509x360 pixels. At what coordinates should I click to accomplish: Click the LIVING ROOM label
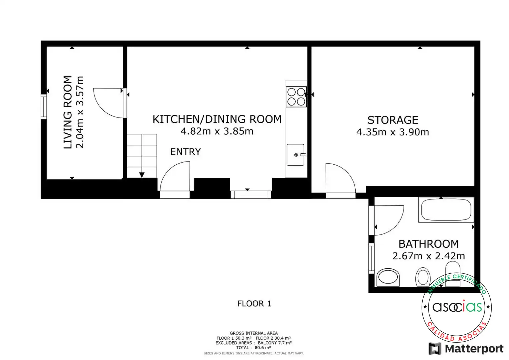[x=68, y=112]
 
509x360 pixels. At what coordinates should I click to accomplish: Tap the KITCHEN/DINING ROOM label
[x=217, y=119]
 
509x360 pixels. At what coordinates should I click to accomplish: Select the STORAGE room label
[x=393, y=120]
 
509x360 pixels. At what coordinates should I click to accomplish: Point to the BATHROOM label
[x=429, y=244]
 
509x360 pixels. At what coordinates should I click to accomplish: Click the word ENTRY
[x=185, y=152]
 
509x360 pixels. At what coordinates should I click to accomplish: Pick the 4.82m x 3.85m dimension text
[x=217, y=131]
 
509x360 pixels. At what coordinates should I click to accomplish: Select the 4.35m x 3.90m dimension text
[x=393, y=132]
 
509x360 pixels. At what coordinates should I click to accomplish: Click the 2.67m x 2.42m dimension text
[x=429, y=256]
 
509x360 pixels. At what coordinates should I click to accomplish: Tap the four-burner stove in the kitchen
[x=296, y=97]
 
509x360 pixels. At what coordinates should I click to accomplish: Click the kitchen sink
[x=296, y=155]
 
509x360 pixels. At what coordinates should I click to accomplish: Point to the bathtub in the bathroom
[x=446, y=210]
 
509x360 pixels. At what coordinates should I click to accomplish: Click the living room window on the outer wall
[x=44, y=107]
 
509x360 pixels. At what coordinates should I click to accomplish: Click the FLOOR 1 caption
[x=254, y=304]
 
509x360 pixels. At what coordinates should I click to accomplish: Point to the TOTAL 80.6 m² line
[x=254, y=347]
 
